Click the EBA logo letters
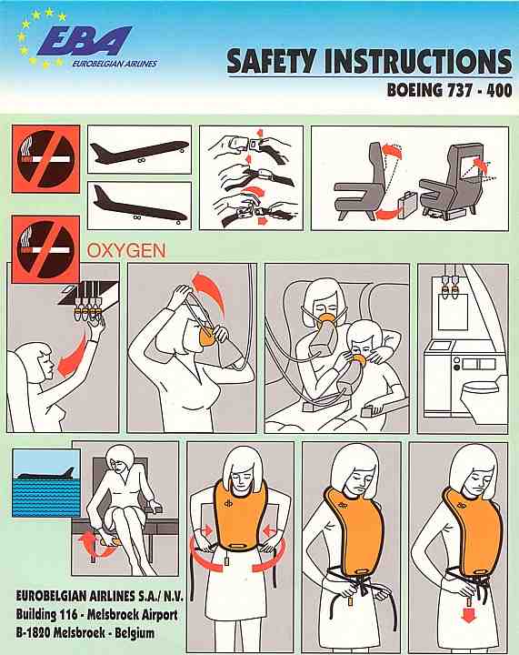[85, 41]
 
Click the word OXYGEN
[126, 251]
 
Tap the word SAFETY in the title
[270, 62]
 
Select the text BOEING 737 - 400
[449, 90]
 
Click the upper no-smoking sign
[45, 158]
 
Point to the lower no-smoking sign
[45, 249]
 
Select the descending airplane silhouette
[139, 206]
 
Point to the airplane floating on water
[46, 475]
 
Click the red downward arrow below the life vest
[469, 615]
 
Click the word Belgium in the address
[135, 633]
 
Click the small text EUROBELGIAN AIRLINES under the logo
[115, 64]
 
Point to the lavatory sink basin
[439, 346]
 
